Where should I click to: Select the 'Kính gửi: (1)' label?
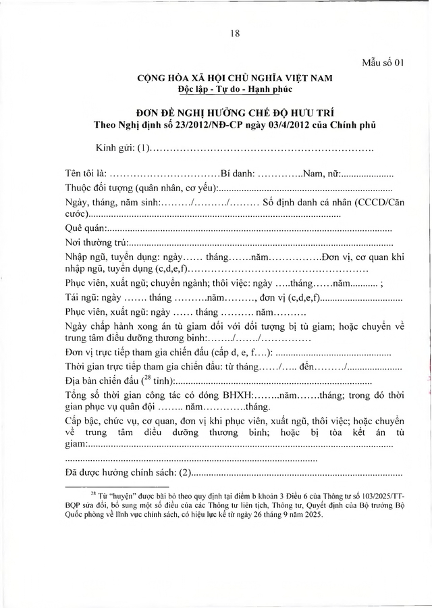[122, 147]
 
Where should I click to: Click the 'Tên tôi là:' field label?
[86, 173]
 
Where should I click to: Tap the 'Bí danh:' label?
[238, 173]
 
